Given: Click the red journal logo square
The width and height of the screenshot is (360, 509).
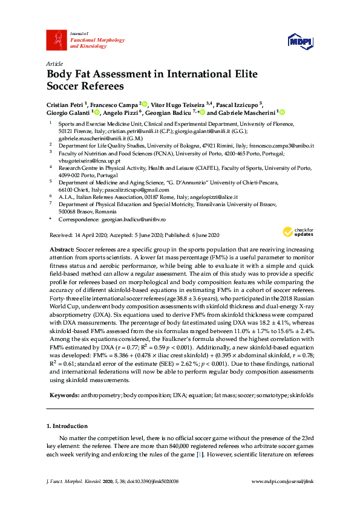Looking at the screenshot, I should point(56,39).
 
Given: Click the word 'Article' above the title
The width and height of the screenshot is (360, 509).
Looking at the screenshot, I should point(54,63).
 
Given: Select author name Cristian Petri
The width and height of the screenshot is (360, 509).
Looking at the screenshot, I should point(66,103).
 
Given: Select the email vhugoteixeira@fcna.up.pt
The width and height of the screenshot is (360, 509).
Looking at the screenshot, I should point(90,160).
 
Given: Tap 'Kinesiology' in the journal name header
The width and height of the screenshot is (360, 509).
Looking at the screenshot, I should point(88,45).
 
